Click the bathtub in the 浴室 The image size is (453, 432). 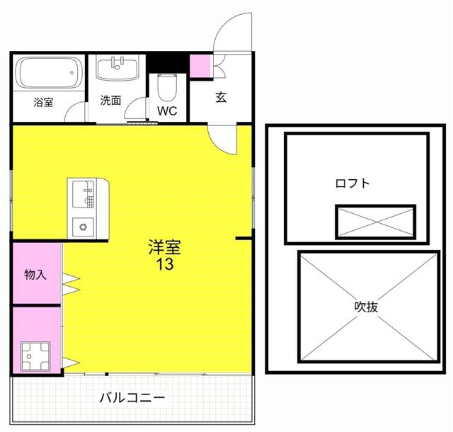click(x=49, y=72)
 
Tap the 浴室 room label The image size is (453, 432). click(x=43, y=103)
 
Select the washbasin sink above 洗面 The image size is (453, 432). click(x=117, y=69)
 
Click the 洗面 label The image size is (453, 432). click(x=110, y=101)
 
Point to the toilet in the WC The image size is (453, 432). click(x=167, y=86)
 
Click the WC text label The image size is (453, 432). click(x=167, y=110)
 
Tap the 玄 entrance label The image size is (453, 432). click(x=221, y=98)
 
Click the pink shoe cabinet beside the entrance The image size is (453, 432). click(x=200, y=66)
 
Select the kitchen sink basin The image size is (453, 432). click(x=84, y=194)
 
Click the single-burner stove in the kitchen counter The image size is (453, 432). click(x=84, y=227)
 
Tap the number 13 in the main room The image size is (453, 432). click(x=165, y=264)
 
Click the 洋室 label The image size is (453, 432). click(x=165, y=247)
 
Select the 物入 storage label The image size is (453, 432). click(x=35, y=274)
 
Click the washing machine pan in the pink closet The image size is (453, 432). click(x=35, y=356)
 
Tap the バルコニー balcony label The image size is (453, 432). click(x=132, y=398)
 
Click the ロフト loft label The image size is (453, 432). click(x=352, y=183)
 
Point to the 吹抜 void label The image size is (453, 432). click(x=366, y=307)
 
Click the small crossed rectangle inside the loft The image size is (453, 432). click(x=376, y=222)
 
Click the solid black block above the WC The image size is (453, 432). click(x=168, y=63)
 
